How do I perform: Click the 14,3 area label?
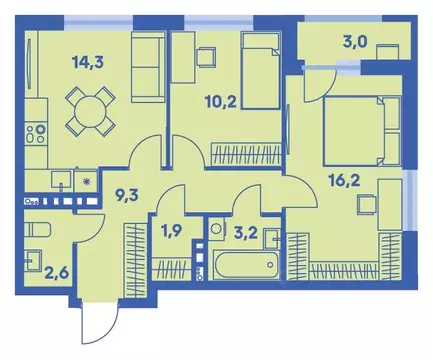tap(86, 61)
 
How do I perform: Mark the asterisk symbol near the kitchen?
tap(87, 182)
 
